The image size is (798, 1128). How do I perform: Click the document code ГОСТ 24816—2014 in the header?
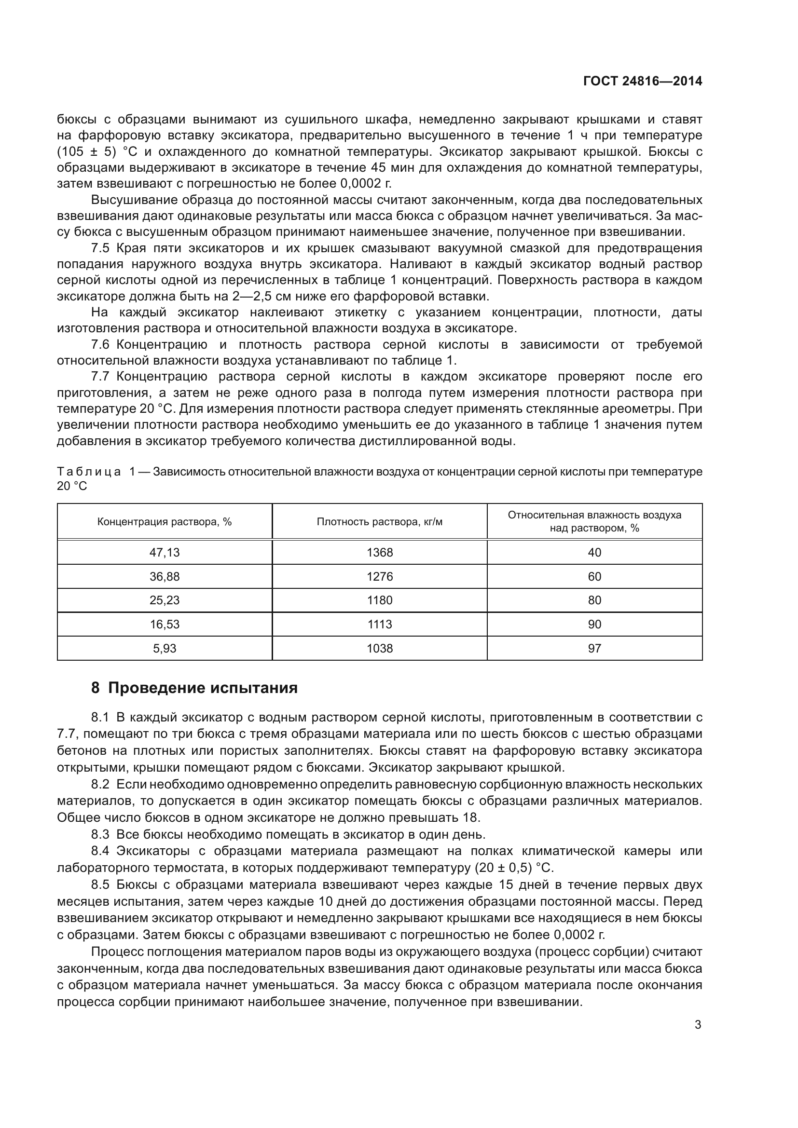pyautogui.click(x=642, y=82)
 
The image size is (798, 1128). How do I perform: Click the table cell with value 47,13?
pyautogui.click(x=165, y=552)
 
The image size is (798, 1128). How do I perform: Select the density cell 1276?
pyautogui.click(x=379, y=576)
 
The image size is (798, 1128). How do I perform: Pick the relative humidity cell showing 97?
pyautogui.click(x=594, y=648)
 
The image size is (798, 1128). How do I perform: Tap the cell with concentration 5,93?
pyautogui.click(x=165, y=648)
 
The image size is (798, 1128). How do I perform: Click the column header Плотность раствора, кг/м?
pyautogui.click(x=379, y=522)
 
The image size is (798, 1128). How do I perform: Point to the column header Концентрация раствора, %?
pyautogui.click(x=165, y=522)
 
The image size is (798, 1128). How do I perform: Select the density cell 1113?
pyautogui.click(x=379, y=624)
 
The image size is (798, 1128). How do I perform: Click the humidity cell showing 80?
pyautogui.click(x=594, y=600)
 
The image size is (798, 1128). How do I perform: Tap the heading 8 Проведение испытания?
pyautogui.click(x=194, y=688)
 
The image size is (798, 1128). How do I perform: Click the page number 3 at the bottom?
pyautogui.click(x=698, y=1025)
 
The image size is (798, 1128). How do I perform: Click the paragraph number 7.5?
pyautogui.click(x=100, y=248)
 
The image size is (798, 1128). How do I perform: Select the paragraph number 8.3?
pyautogui.click(x=100, y=834)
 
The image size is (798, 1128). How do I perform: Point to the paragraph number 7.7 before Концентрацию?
pyautogui.click(x=100, y=377)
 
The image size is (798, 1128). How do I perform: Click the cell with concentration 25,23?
pyautogui.click(x=165, y=600)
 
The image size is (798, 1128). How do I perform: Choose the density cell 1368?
pyautogui.click(x=379, y=552)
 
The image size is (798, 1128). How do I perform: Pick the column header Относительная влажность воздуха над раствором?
pyautogui.click(x=594, y=521)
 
